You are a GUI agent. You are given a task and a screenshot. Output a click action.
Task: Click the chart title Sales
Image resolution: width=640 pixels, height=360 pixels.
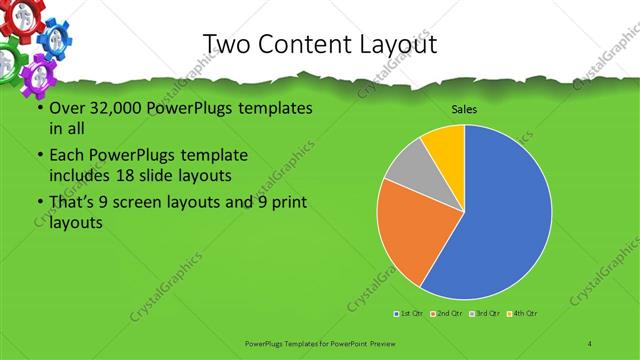point(463,110)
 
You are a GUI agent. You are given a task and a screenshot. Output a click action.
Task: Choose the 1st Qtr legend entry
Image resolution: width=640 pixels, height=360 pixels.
point(410,313)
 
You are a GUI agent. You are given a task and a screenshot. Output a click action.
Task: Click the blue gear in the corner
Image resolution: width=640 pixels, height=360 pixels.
point(55,38)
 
